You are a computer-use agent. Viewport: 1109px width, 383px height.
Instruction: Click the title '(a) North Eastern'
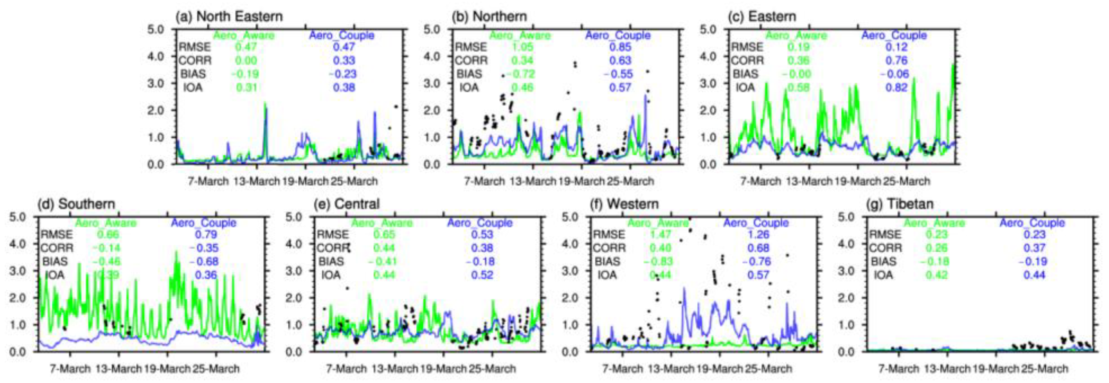coord(229,17)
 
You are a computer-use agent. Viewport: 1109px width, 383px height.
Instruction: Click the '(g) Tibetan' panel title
coord(900,204)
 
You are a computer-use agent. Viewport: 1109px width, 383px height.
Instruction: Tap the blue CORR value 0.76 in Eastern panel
coord(897,61)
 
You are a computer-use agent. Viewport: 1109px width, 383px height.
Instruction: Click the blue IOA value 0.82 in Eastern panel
coord(897,88)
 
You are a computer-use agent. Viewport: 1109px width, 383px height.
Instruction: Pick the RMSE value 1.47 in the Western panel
coord(661,234)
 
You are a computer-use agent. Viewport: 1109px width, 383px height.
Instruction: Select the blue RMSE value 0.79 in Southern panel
coord(206,234)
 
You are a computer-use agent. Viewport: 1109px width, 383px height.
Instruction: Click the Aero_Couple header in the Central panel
coord(480,223)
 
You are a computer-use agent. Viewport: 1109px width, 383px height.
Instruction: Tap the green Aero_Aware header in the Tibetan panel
coord(934,223)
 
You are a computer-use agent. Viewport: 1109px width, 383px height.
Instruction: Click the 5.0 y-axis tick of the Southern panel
coord(18,216)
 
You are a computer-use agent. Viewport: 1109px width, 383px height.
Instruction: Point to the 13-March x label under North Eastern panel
coord(256,181)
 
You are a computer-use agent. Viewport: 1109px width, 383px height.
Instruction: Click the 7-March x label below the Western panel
coord(622,369)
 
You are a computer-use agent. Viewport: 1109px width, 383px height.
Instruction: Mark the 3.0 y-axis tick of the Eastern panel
coord(708,83)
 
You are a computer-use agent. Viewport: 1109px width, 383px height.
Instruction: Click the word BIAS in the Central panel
coord(331,262)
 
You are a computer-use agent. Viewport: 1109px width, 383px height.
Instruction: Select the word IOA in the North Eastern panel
coord(193,88)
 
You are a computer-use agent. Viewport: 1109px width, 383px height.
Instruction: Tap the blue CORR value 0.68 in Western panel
coord(758,248)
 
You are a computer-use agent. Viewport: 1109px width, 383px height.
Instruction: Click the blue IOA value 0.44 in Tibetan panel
coord(1034,275)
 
